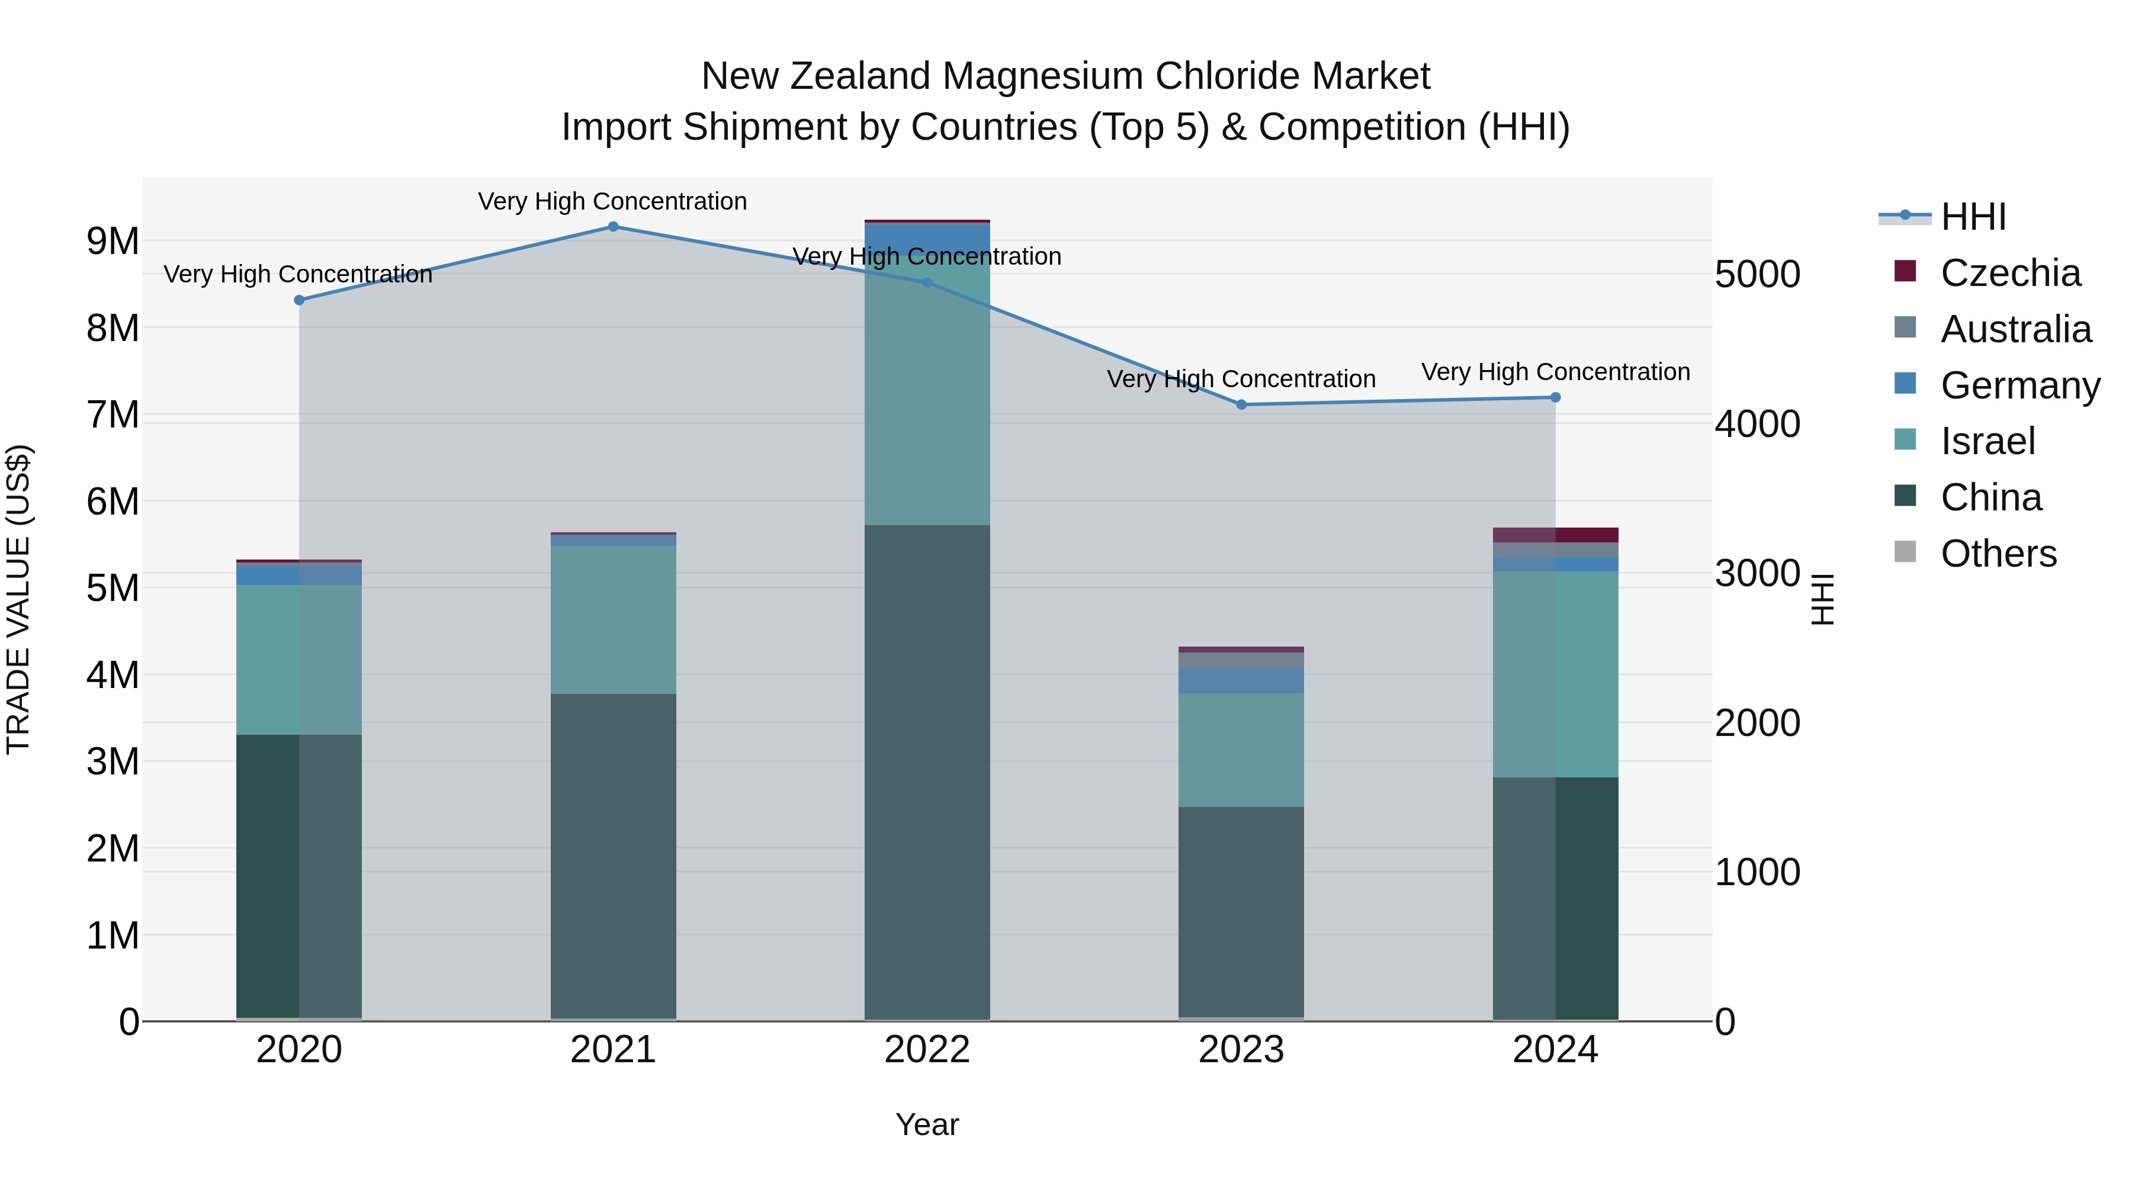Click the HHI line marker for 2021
[x=614, y=227]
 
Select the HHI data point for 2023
[x=1241, y=404]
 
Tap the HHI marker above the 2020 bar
[x=300, y=300]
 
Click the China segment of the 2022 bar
[x=927, y=770]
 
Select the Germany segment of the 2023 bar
[x=1241, y=680]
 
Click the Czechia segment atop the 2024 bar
[x=1555, y=535]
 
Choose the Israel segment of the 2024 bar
[x=1555, y=674]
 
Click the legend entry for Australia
[x=2015, y=329]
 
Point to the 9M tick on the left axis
[x=113, y=242]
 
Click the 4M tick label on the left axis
[x=113, y=675]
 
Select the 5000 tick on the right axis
[x=1757, y=275]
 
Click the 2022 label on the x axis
[x=927, y=1050]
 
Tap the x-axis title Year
[x=927, y=1124]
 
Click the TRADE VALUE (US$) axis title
[x=18, y=599]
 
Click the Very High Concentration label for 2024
[x=1555, y=372]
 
